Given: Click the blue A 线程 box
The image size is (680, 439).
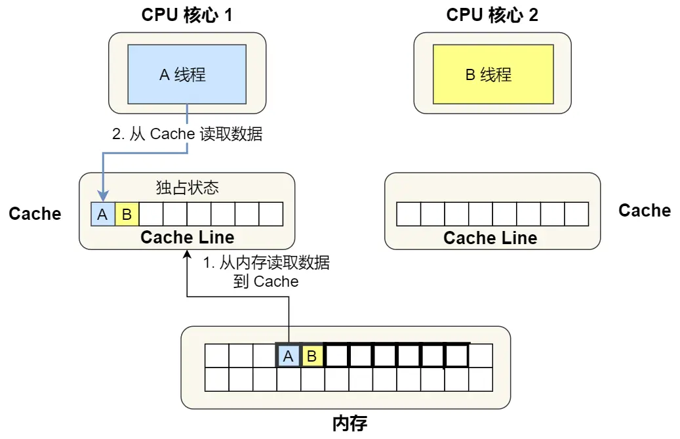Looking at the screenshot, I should [x=187, y=74].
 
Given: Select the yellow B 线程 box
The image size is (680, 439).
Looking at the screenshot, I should [x=492, y=74].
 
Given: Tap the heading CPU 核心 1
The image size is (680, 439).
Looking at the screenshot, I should [x=187, y=15].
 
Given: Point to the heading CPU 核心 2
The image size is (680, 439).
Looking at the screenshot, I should [x=492, y=15].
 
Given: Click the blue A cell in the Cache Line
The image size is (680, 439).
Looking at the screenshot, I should [x=103, y=214].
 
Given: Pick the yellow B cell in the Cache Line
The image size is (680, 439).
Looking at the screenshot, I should [x=127, y=214].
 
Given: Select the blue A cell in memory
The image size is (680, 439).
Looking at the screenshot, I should [x=288, y=356].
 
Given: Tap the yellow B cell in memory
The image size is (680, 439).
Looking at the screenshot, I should [x=312, y=356].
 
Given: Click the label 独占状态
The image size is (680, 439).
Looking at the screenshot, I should [x=187, y=188].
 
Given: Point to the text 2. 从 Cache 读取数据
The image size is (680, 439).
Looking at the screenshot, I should [x=187, y=134].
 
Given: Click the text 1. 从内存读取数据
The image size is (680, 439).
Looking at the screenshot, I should [x=266, y=263].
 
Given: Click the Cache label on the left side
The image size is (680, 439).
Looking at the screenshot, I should [x=35, y=213].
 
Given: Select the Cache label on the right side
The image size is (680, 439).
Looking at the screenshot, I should [x=645, y=210].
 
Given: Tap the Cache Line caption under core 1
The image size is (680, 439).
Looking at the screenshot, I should [x=187, y=237].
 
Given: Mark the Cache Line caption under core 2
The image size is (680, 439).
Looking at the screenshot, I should [x=490, y=238].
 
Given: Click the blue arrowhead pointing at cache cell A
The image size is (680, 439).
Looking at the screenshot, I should [x=103, y=196].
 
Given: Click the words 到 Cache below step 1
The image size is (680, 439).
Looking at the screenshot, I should [x=266, y=282].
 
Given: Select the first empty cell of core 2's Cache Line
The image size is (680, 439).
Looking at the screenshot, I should [x=409, y=214].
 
